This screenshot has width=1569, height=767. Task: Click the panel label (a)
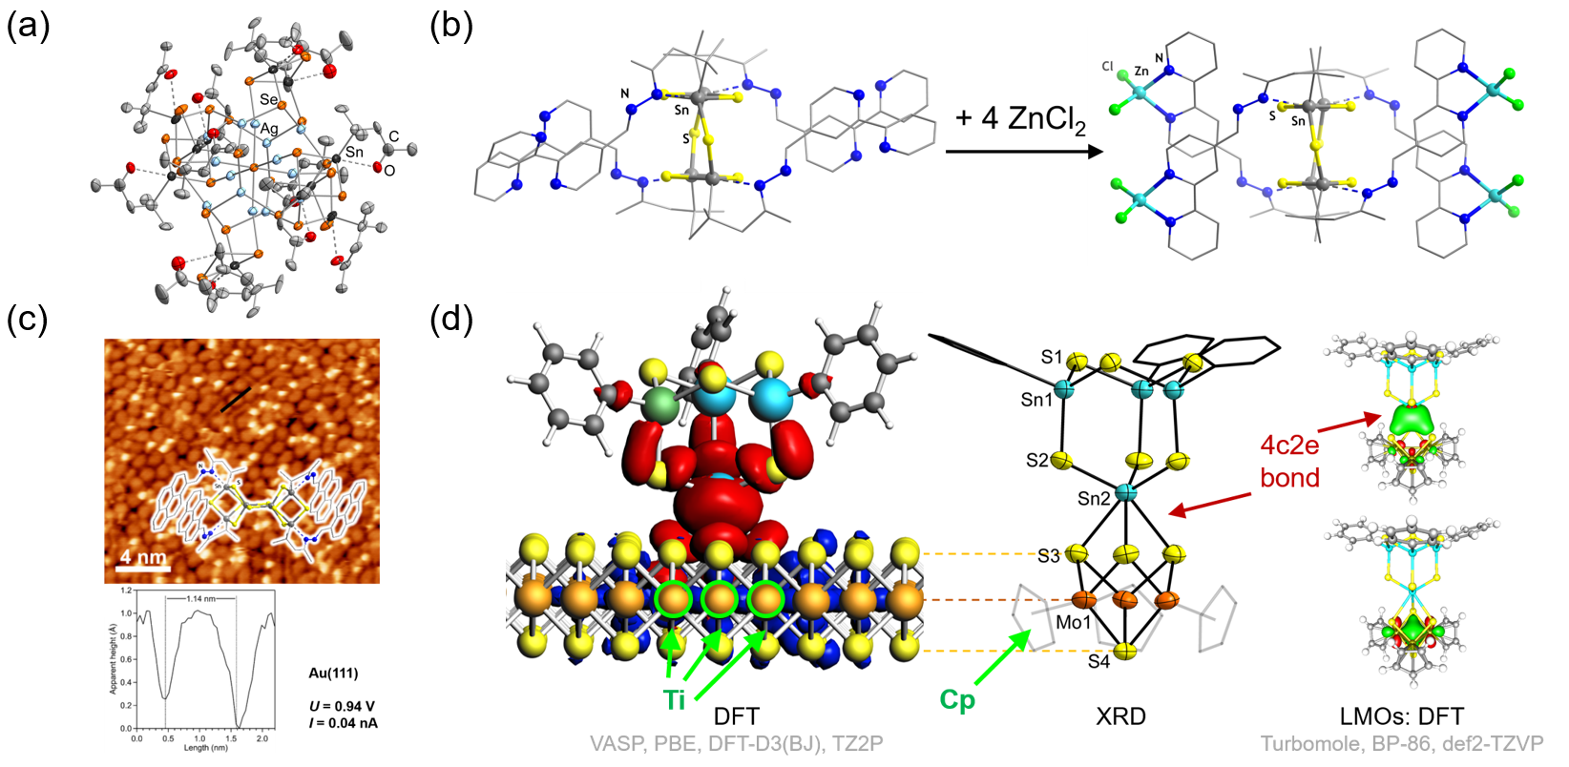(x=28, y=26)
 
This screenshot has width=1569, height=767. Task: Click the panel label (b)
(x=450, y=26)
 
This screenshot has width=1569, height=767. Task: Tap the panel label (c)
(x=28, y=320)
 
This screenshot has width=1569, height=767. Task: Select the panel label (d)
(x=450, y=320)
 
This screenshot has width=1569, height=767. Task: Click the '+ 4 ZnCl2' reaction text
(x=1020, y=120)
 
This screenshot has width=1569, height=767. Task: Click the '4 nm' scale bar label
(x=143, y=557)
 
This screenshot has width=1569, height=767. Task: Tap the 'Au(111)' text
(x=333, y=674)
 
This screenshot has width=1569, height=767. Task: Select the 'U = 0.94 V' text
(x=342, y=706)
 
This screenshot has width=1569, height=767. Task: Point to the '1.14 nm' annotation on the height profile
(x=200, y=598)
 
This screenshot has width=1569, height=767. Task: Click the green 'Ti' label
(x=675, y=700)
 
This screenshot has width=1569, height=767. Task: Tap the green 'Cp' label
(x=957, y=700)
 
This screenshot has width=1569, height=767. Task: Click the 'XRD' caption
(x=1120, y=716)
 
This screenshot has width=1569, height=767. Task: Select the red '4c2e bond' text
(x=1290, y=461)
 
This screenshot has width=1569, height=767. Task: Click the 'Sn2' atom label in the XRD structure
(x=1094, y=499)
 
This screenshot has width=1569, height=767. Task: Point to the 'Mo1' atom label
(x=1073, y=623)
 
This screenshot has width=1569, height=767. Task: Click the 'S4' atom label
(x=1099, y=660)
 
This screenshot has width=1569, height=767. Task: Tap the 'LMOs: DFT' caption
(x=1402, y=716)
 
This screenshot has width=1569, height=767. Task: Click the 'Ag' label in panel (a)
(x=269, y=129)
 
